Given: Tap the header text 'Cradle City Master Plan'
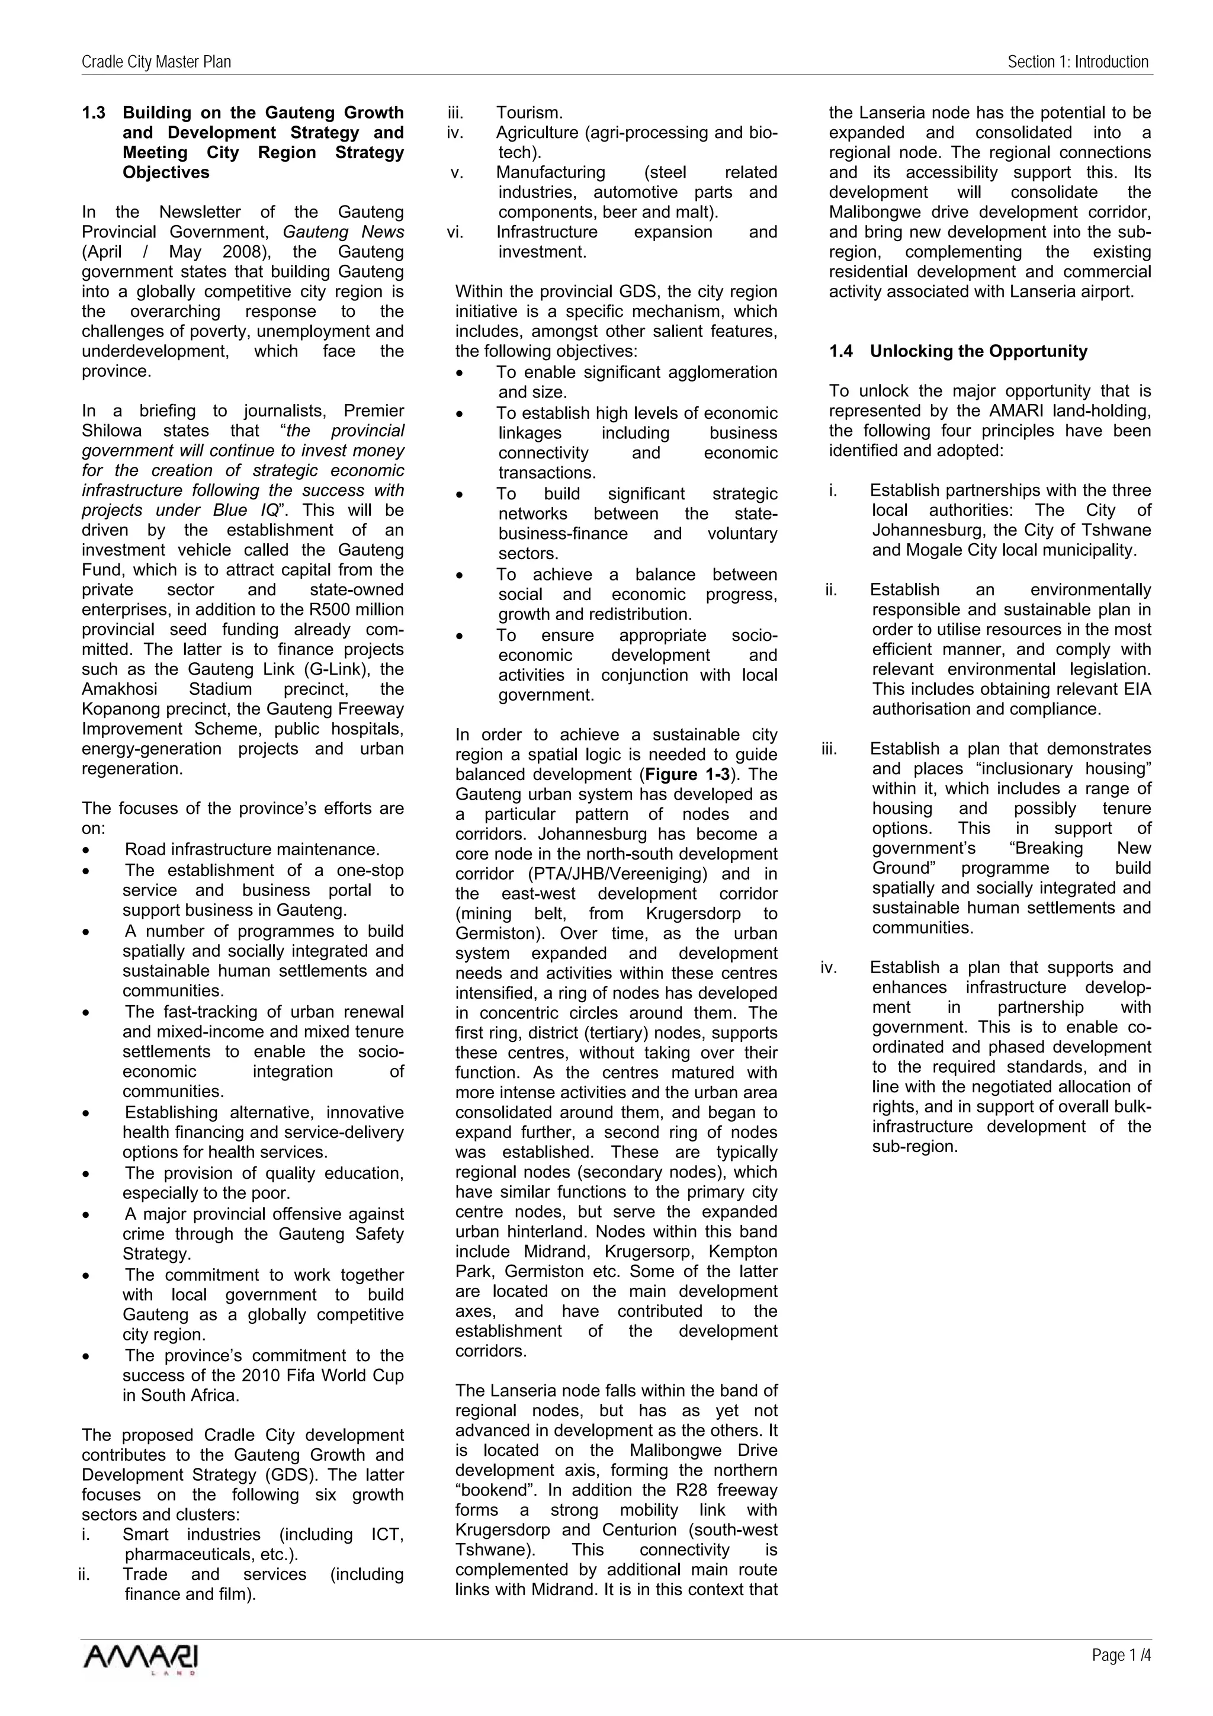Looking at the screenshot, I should [156, 62].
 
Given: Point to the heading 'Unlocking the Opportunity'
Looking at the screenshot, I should [978, 351].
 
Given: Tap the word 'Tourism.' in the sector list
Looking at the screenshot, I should [529, 113].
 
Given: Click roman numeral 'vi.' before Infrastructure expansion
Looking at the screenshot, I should [455, 232].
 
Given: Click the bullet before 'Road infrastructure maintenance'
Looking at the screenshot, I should [88, 851].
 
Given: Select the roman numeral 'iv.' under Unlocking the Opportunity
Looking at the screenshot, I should [829, 968].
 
